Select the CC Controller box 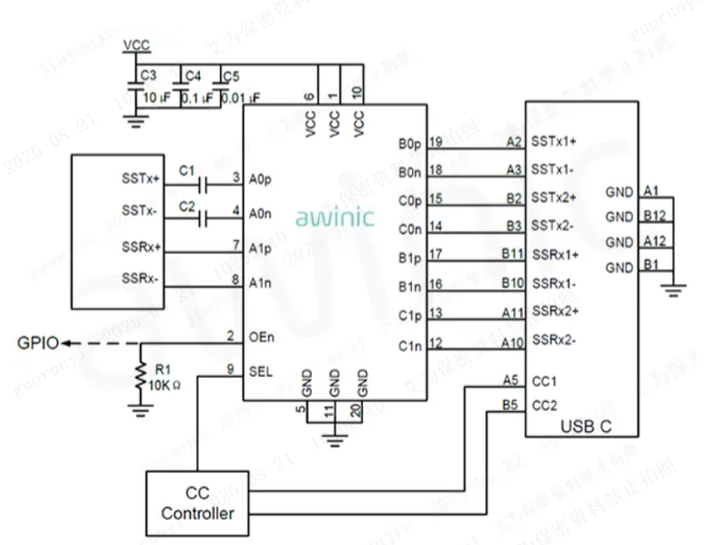coord(197,504)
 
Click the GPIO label coord(37,343)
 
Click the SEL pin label coord(260,371)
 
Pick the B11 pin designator coord(512,254)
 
